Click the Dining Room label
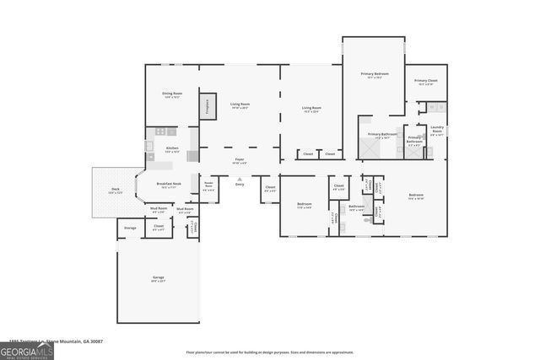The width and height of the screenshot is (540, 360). point(171,94)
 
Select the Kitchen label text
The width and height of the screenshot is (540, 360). point(172,148)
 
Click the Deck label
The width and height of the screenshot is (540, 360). point(114,191)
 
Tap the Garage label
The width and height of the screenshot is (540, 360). point(158,278)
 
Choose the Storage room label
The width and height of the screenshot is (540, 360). point(130,228)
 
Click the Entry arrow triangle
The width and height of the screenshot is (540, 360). point(240,180)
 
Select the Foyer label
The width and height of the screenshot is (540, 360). point(240,159)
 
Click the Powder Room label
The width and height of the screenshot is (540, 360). point(208,184)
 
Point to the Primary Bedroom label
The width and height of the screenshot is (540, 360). point(374,74)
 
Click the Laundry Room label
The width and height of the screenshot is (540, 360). point(436,131)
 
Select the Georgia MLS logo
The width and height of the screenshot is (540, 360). point(27,349)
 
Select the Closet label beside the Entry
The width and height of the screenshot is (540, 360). point(270,188)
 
